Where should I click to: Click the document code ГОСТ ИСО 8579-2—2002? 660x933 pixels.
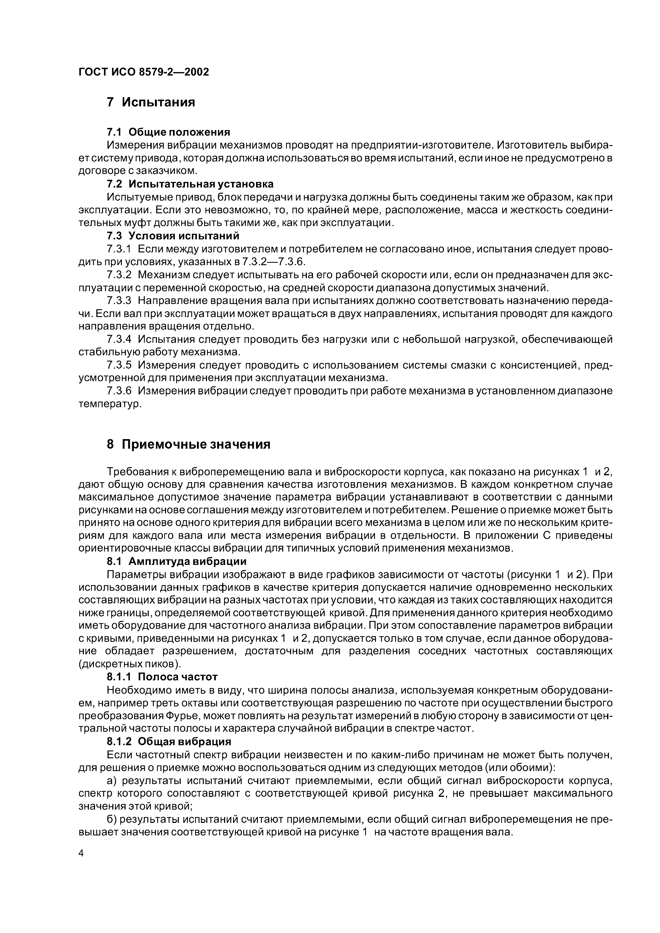pyautogui.click(x=143, y=72)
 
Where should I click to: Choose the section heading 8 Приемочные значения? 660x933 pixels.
pyautogui.click(x=189, y=444)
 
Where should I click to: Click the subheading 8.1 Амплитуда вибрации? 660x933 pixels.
pyautogui.click(x=176, y=562)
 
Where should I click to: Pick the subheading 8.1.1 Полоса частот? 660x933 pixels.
pyautogui.click(x=162, y=677)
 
